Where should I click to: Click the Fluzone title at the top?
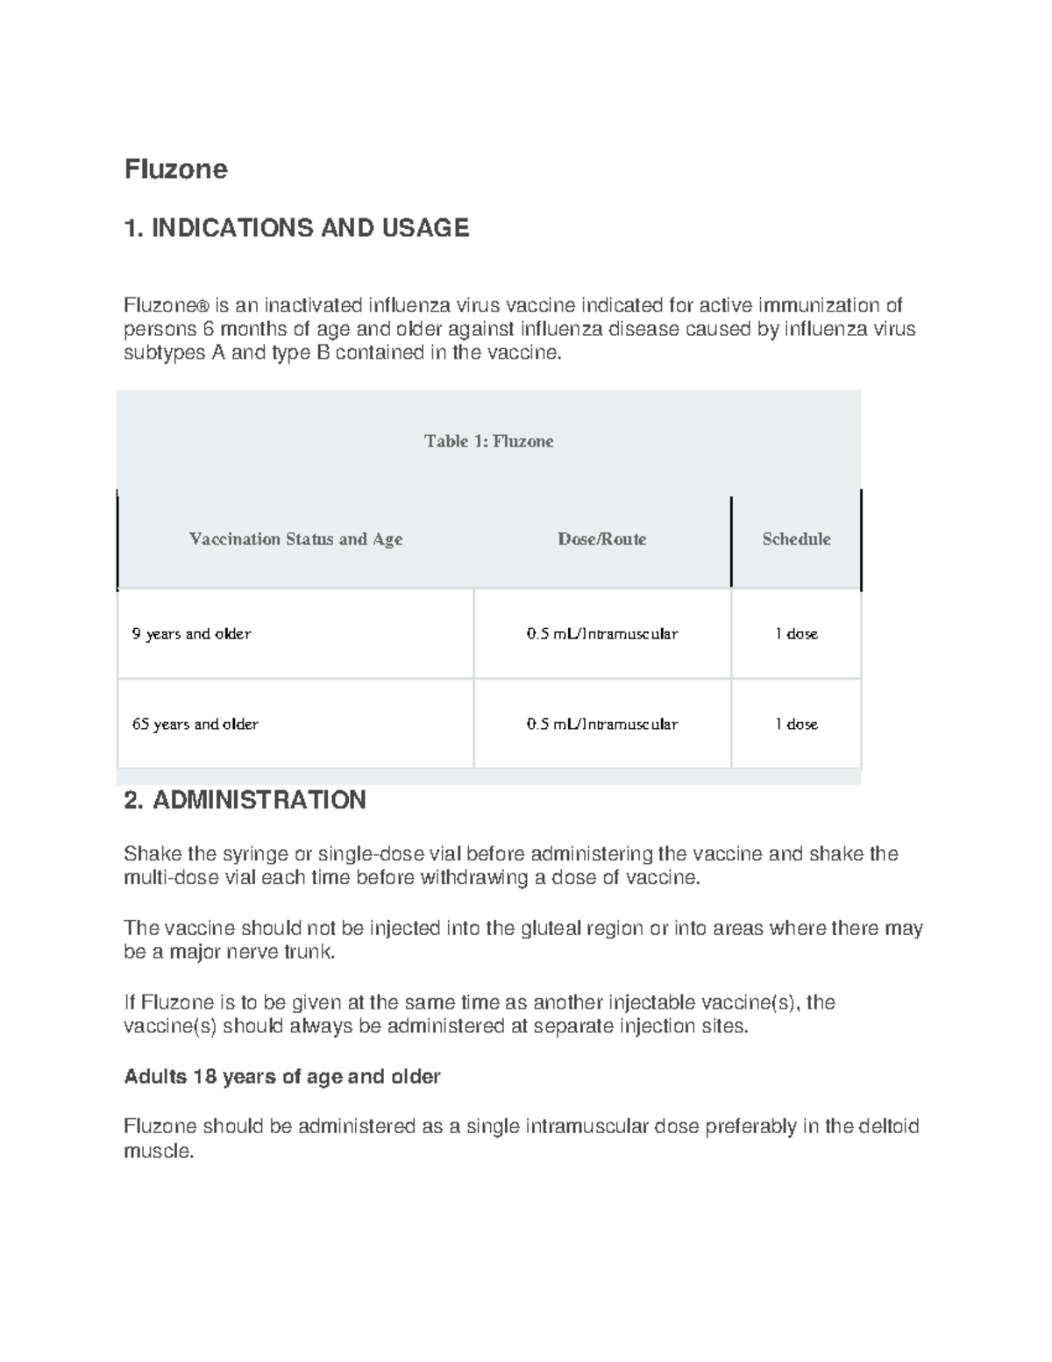click(175, 168)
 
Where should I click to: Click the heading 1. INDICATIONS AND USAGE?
click(296, 228)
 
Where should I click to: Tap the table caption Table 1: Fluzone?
click(488, 441)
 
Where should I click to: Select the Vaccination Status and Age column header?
click(295, 539)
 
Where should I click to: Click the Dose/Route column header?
click(601, 539)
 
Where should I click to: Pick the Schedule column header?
click(796, 539)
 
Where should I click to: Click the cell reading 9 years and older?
click(191, 634)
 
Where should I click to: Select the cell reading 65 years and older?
click(195, 724)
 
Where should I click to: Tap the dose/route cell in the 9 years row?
click(601, 634)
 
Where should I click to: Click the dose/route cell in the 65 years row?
click(601, 724)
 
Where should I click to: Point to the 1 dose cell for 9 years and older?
click(796, 634)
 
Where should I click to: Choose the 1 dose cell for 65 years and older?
click(796, 724)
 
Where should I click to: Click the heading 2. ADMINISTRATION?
click(245, 800)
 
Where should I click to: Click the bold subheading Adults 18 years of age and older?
click(281, 1076)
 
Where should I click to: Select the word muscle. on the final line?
click(158, 1151)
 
